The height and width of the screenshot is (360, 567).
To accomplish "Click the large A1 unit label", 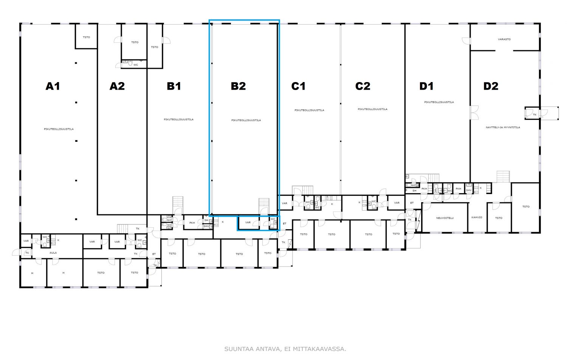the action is coord(53,86).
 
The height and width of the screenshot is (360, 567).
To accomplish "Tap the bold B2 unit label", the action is coord(238,86).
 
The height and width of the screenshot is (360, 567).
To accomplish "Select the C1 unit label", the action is coord(298,86).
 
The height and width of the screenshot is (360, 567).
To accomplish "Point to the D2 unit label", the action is coord(491,86).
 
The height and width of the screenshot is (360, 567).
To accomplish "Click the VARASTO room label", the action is coord(504,39).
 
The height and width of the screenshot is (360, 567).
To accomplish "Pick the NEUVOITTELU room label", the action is coord(445,218).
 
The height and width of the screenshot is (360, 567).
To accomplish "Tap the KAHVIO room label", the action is coord(477,217).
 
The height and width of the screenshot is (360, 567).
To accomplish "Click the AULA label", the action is coord(53,253).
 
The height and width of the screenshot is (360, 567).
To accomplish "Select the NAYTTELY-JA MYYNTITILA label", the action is coord(503,127).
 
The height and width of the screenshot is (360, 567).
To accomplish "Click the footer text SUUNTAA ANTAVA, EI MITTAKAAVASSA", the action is coord(285,349).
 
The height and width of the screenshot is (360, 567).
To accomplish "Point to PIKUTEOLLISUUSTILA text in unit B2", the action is coord(246,120).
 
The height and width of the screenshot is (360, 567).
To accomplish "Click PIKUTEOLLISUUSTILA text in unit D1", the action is coord(439,102).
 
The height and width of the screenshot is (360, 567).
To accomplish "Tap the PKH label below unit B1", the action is coord(192,223).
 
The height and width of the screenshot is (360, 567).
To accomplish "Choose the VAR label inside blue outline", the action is coord(248,222).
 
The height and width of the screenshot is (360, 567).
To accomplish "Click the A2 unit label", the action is coord(117,86).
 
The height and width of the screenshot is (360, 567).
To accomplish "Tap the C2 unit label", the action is coord(363,86).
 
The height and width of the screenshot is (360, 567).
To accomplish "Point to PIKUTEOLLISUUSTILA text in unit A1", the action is coord(59,129).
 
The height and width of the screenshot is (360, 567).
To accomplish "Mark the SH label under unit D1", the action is coord(414,191).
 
